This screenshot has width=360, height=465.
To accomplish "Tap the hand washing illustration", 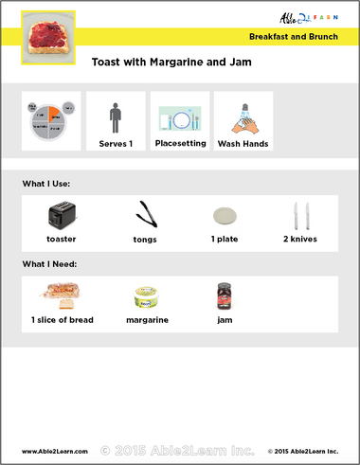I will point(243,117).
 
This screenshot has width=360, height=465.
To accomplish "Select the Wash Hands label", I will point(243,144).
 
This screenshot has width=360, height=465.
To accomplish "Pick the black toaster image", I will point(62,215).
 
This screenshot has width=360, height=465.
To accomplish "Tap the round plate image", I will point(225,214).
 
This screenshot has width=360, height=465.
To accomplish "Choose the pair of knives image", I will point(300,214).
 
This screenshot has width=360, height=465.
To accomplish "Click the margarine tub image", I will point(146,297).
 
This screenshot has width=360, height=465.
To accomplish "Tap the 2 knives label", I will point(299,239).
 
